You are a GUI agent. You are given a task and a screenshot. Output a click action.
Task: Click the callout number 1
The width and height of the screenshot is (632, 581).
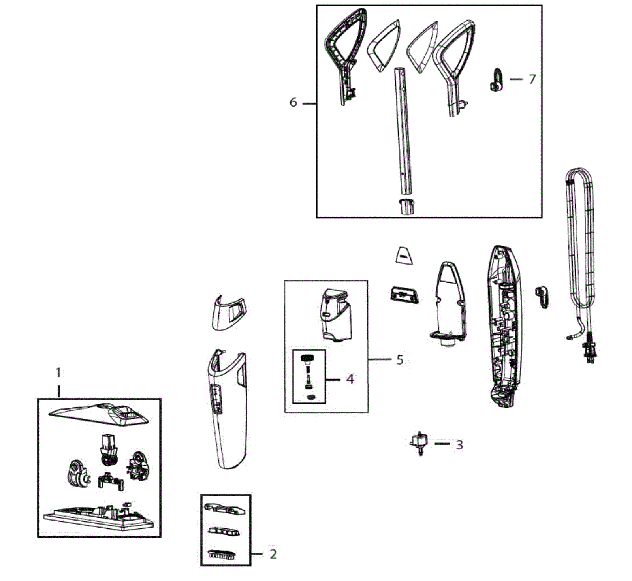point(58,372)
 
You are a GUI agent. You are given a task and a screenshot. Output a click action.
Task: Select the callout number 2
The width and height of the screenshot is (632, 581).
point(273,554)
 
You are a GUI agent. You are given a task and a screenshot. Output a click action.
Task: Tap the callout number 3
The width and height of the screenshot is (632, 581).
point(459,445)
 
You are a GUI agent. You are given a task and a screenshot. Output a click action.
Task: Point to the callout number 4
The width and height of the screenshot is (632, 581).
point(350,379)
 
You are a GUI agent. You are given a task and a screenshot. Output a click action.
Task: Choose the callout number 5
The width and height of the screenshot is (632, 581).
point(400,360)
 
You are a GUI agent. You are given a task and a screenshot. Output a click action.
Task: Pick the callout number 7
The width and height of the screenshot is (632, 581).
point(532,79)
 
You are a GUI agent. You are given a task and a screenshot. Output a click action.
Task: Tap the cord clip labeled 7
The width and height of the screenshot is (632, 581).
point(497,80)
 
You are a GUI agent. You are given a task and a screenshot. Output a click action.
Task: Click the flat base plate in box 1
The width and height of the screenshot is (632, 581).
point(98,517)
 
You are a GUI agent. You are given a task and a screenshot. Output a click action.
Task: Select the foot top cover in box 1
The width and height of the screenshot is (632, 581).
point(99,415)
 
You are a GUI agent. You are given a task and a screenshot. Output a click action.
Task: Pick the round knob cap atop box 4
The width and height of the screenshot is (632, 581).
point(307,359)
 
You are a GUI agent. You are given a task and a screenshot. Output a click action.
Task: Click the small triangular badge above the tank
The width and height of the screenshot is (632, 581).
point(403,255)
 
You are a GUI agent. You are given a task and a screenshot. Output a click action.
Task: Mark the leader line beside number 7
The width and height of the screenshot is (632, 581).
point(516,79)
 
